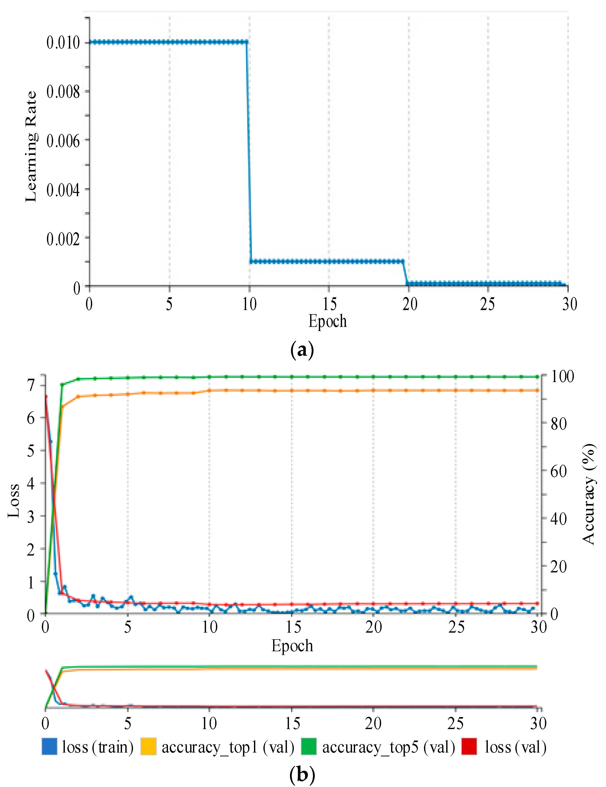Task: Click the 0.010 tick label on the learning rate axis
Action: [x=63, y=43]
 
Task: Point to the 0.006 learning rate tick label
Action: [x=63, y=141]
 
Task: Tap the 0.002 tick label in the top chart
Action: [x=63, y=239]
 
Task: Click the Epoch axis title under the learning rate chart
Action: [x=327, y=321]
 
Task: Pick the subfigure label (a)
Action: [x=302, y=350]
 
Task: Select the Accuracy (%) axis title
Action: [x=589, y=494]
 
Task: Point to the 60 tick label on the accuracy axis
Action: [x=559, y=471]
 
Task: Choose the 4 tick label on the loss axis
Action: [x=31, y=483]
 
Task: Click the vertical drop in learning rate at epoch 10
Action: [x=249, y=151]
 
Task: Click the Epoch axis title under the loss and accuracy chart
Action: [x=292, y=645]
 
